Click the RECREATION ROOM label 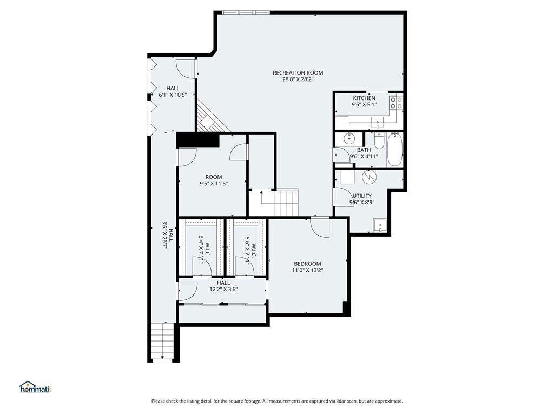[x=298, y=73]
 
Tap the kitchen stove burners [x=395, y=103]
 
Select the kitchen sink [x=379, y=121]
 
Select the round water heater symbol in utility [x=368, y=176]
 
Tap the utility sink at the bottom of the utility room [x=381, y=226]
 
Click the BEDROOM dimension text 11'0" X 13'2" [x=307, y=270]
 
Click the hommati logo [x=35, y=387]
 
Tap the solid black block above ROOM [x=197, y=139]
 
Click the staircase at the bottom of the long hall [x=162, y=340]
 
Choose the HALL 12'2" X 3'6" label [x=223, y=286]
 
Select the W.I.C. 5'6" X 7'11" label [x=248, y=249]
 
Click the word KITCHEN [x=364, y=98]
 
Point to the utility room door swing [x=342, y=197]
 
